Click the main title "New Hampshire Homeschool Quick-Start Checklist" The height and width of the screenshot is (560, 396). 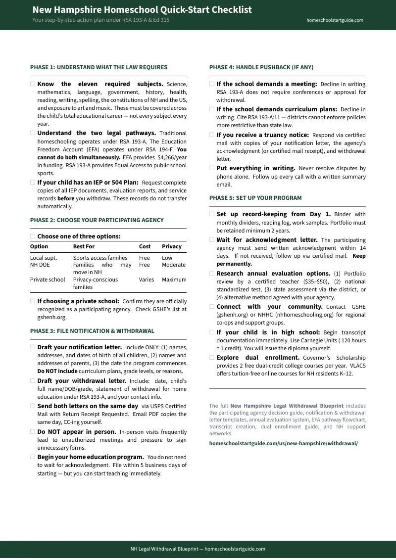pos(142,10)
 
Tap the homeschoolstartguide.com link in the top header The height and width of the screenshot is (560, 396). pos(335,20)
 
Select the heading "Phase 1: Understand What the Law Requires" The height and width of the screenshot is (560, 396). pos(99,67)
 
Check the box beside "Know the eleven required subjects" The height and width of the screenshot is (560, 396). pos(33,84)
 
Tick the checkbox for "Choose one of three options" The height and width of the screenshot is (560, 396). pos(33,236)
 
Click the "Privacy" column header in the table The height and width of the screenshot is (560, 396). pos(171,246)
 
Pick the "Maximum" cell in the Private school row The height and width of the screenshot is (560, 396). pos(174,280)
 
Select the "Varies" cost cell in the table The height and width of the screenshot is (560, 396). pos(146,280)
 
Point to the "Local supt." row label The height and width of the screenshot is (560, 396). pos(44,258)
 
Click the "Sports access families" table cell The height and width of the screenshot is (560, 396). pos(100,258)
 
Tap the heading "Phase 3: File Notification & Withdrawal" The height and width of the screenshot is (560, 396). pos(92,331)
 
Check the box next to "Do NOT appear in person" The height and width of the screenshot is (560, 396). pos(33,432)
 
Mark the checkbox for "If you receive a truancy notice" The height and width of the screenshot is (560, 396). pos(212,135)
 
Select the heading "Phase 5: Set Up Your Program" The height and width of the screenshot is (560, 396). pos(255,198)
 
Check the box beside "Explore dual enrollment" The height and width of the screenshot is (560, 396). pos(212,358)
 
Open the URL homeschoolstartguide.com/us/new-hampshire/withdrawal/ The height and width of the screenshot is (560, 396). pos(283,444)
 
